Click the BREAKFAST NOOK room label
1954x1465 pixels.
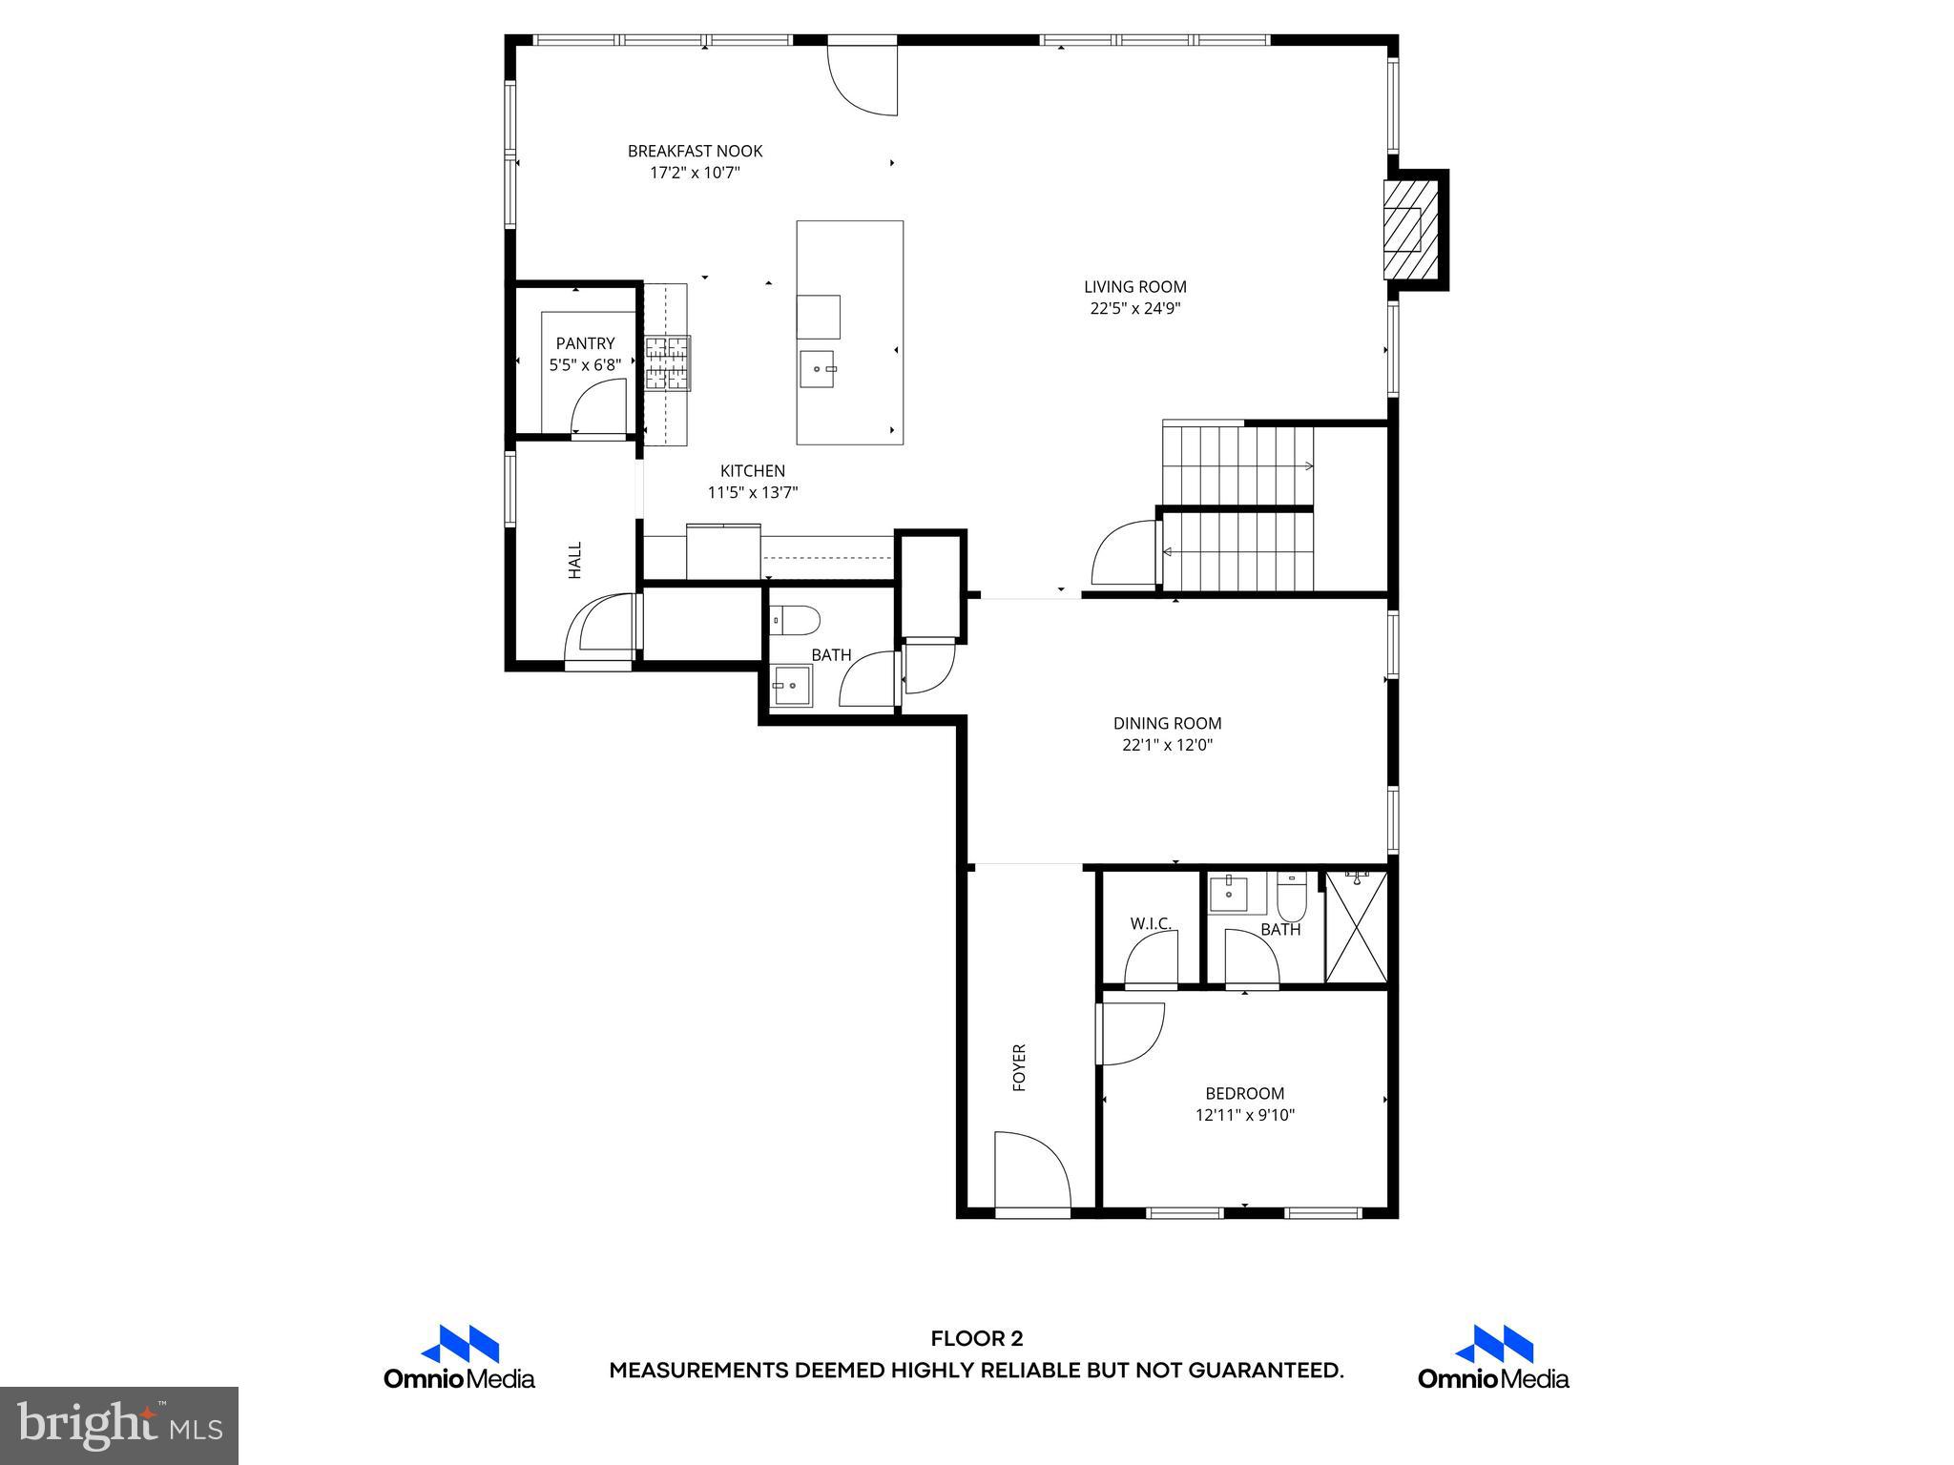tap(695, 151)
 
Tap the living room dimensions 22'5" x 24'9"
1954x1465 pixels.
tap(1135, 308)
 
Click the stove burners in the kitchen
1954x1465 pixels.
tap(667, 363)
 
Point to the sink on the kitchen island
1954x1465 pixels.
tap(818, 368)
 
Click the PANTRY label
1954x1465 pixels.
tap(585, 343)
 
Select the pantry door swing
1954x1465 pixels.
tap(597, 407)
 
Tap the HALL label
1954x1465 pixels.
tap(574, 560)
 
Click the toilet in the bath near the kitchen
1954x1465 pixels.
tap(795, 619)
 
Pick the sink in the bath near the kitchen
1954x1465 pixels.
tap(792, 686)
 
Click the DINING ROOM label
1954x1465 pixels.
tap(1167, 723)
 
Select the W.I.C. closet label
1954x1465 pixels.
tap(1151, 923)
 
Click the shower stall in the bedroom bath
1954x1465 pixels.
tap(1356, 926)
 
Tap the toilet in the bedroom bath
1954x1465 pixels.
tap(1291, 896)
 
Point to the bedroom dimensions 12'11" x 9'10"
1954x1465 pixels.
tap(1244, 1114)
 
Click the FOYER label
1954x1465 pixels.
tap(1019, 1067)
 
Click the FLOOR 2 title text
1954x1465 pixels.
tap(976, 1339)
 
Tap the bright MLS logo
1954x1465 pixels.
tap(119, 1425)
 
